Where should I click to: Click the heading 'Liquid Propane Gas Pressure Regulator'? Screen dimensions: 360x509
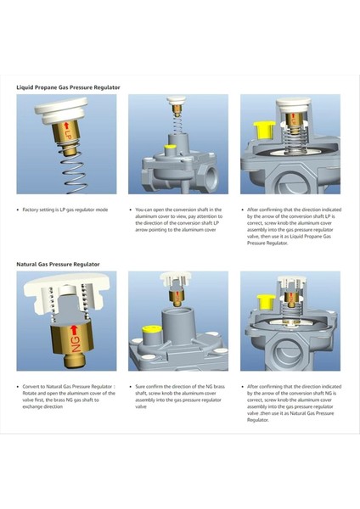click(68, 87)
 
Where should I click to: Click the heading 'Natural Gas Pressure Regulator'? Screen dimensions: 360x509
click(58, 264)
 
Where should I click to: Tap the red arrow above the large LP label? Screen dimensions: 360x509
click(66, 126)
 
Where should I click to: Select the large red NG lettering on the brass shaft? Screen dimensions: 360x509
click(76, 344)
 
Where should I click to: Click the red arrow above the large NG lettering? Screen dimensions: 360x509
click(75, 329)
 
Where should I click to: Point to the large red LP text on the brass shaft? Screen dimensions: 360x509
click(67, 135)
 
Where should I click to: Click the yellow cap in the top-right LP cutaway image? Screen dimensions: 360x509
click(264, 129)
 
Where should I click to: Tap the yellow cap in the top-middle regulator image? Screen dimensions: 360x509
click(170, 148)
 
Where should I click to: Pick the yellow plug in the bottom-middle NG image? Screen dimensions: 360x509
click(152, 329)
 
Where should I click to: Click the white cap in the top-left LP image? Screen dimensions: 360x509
click(62, 110)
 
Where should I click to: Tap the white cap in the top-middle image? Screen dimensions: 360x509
click(176, 100)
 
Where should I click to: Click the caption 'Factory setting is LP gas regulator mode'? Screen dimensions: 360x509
click(65, 210)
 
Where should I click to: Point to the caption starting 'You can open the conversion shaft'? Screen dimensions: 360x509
click(178, 220)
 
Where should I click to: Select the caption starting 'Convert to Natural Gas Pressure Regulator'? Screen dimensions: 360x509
click(69, 396)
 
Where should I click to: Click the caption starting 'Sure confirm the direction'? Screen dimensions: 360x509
click(180, 396)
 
